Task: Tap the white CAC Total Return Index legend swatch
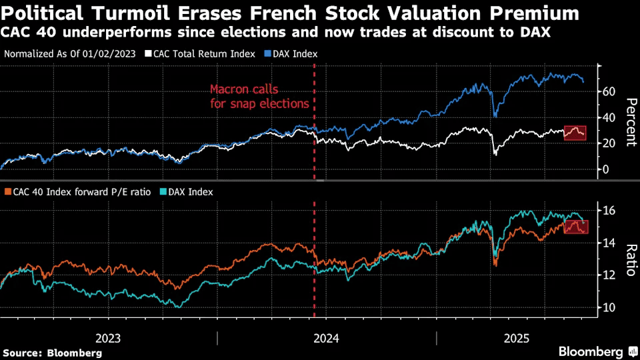(148, 54)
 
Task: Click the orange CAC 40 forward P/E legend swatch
(7, 192)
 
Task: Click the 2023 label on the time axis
(107, 338)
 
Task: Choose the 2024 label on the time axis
(326, 338)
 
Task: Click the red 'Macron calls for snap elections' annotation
(259, 96)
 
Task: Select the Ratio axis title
(629, 259)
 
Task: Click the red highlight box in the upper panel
(575, 133)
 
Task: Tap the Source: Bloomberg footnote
(53, 352)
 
